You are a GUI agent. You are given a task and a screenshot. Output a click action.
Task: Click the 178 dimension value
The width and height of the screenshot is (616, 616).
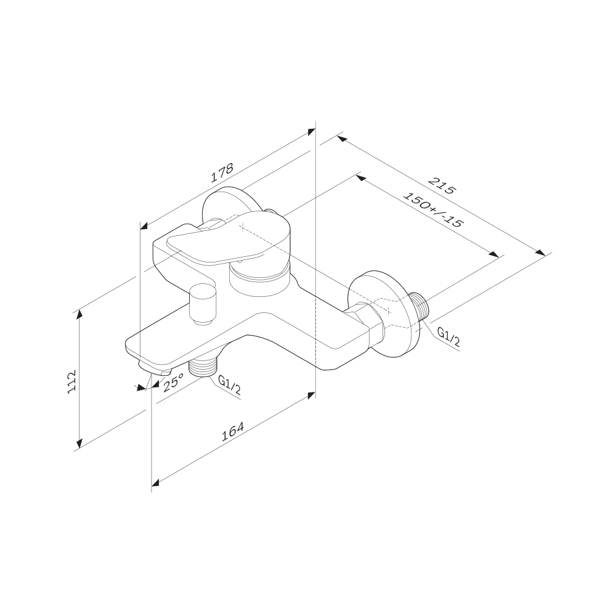(222, 173)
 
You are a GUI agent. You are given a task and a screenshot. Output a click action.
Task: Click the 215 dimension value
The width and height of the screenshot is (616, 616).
(442, 186)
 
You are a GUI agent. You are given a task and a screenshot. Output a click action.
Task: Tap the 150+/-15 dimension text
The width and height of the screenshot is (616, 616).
(433, 210)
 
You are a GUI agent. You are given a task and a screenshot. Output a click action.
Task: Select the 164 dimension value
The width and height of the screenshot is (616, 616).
(233, 432)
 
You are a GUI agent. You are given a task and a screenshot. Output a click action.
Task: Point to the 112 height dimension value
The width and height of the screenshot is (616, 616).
(72, 381)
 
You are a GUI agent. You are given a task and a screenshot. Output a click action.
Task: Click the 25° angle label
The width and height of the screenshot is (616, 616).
(173, 382)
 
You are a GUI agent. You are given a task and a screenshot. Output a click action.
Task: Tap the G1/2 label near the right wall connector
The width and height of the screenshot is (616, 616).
(448, 338)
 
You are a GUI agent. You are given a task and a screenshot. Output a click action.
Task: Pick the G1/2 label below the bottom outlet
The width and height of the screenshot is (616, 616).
(229, 386)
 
